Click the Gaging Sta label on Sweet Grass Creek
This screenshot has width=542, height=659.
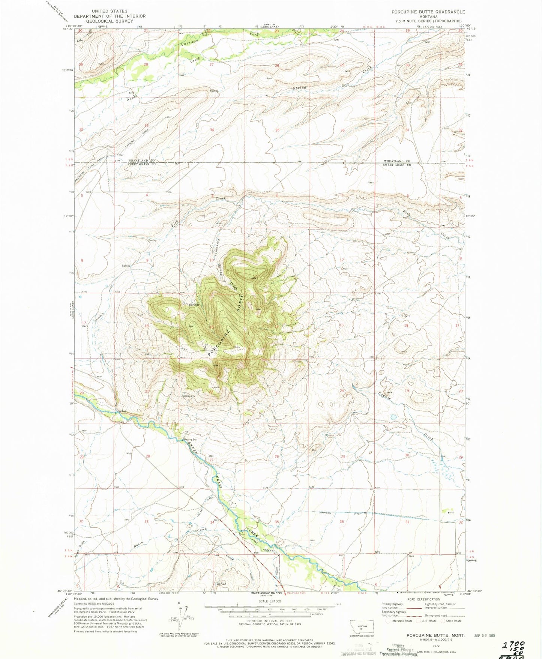[190, 440]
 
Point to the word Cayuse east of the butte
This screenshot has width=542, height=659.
[385, 395]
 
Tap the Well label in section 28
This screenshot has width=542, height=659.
[129, 453]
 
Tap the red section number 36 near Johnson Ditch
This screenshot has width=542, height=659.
[342, 522]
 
